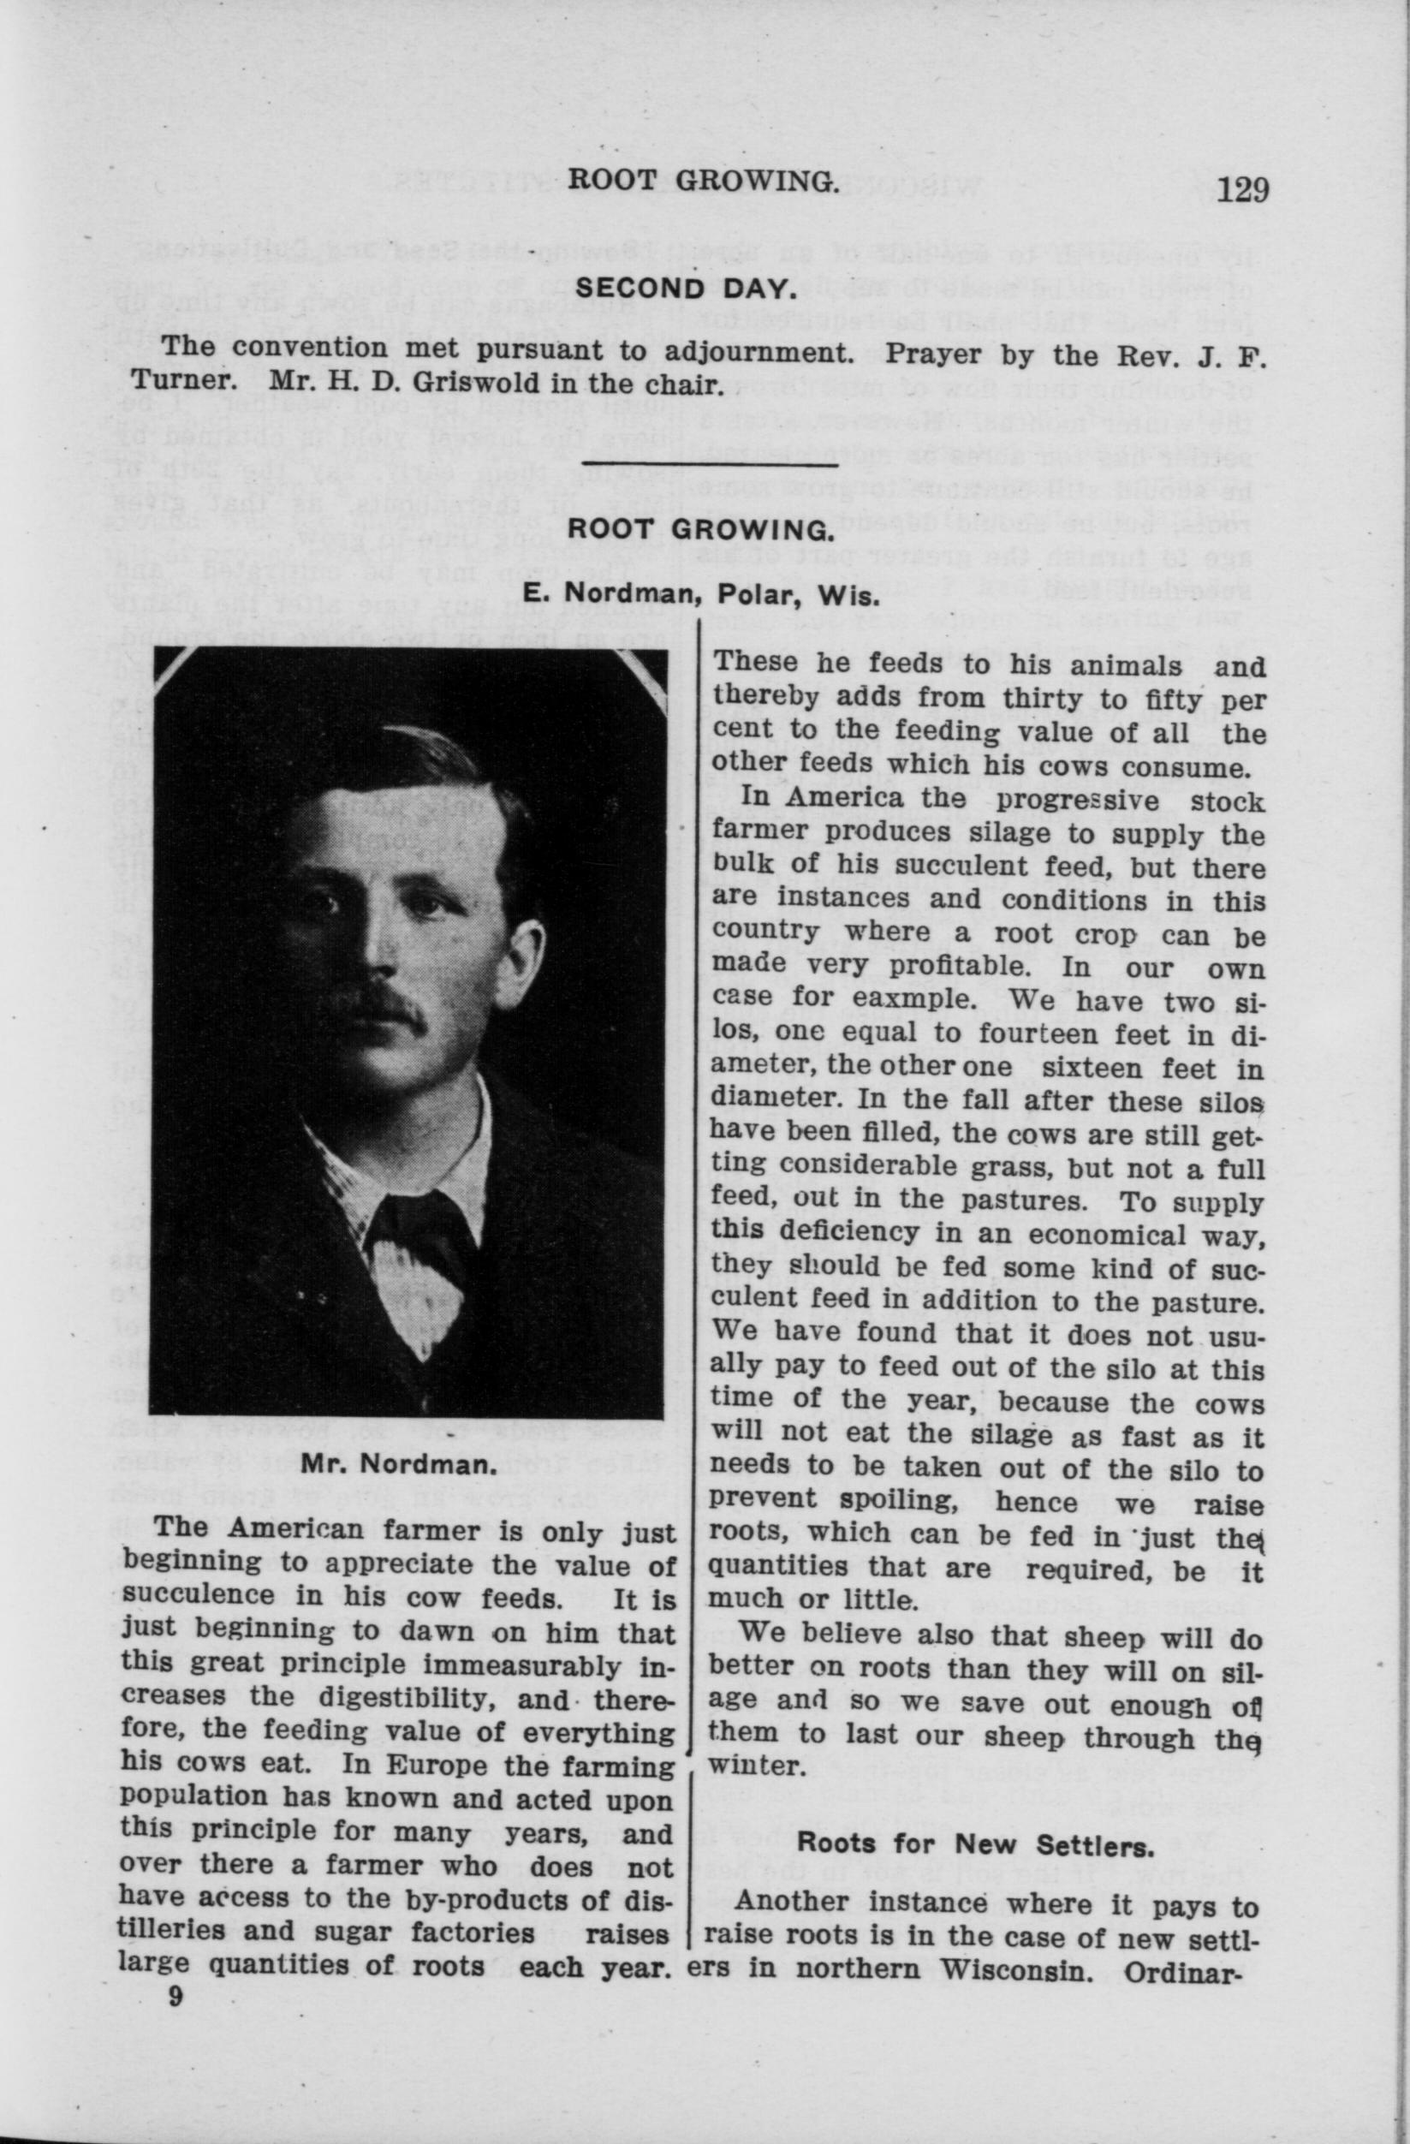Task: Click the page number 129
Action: pos(1242,191)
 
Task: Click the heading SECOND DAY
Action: pos(685,289)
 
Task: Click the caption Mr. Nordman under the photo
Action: pos(399,1463)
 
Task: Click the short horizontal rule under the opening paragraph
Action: pos(710,463)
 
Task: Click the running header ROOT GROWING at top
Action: pos(703,183)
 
